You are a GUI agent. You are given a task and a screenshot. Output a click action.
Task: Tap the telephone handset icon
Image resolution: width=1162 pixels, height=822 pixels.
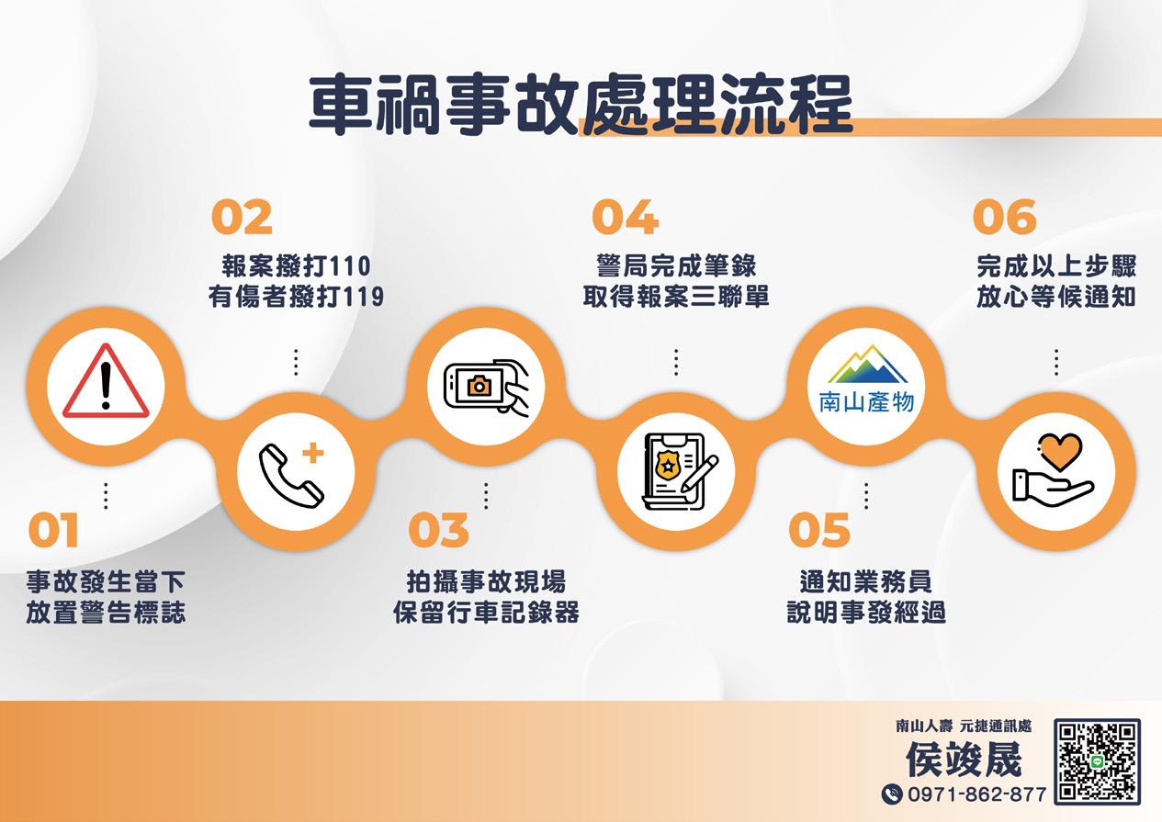click(290, 475)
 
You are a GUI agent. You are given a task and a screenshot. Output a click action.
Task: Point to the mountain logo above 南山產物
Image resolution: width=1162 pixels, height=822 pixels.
click(867, 364)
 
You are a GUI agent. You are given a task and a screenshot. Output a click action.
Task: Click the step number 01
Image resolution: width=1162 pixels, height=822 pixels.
click(53, 530)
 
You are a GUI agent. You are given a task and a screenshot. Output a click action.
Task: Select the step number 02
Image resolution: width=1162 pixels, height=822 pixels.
click(242, 218)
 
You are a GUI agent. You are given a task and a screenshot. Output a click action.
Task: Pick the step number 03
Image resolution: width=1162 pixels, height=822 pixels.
click(438, 530)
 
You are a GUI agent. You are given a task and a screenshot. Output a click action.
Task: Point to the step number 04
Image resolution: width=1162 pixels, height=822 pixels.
click(626, 218)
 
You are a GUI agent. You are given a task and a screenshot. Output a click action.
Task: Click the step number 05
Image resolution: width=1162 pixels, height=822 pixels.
click(819, 530)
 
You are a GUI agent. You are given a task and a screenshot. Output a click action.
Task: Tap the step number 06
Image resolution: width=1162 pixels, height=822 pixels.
click(1004, 218)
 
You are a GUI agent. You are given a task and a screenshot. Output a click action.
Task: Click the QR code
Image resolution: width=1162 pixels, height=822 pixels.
click(1097, 761)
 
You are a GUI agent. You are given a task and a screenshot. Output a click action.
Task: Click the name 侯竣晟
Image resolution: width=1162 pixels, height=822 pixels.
click(964, 760)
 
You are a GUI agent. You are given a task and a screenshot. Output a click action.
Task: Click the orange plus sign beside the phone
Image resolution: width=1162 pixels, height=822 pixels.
click(313, 453)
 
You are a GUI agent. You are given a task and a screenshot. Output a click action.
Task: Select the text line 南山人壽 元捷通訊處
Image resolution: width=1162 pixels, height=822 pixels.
click(964, 726)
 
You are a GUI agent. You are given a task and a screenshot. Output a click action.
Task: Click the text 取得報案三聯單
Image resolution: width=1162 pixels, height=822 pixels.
click(675, 297)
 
